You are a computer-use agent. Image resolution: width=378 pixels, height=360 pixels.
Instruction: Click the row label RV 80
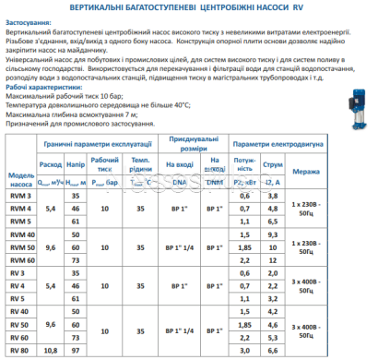20,350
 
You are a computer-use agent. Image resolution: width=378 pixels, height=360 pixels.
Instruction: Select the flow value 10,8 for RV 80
52,350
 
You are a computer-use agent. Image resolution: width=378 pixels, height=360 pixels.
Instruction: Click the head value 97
77,350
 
